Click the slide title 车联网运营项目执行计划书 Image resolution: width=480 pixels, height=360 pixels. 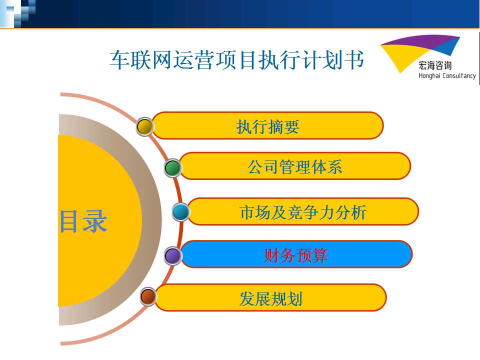click(236, 59)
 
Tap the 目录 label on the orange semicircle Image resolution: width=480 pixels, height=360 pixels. click(83, 221)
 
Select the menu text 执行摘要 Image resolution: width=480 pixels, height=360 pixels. click(268, 126)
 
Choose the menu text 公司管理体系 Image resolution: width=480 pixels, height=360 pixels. click(295, 167)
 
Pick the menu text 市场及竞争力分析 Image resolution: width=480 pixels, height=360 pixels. click(303, 212)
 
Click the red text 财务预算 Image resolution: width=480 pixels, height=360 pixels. click(295, 255)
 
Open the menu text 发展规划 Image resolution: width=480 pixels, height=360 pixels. click(271, 298)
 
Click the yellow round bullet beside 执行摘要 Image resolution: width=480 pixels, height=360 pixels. click(144, 126)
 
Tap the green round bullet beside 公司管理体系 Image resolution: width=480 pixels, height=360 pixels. click(173, 168)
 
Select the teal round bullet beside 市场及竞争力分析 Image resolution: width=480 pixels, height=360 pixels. click(180, 212)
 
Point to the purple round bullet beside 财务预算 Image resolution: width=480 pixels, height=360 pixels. click(172, 255)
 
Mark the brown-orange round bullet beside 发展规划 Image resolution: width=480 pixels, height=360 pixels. click(148, 296)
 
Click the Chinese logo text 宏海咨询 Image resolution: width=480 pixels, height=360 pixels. click(435, 65)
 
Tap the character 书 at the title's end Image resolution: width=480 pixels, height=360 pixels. click(354, 59)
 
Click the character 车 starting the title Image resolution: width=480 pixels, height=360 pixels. click(119, 59)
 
